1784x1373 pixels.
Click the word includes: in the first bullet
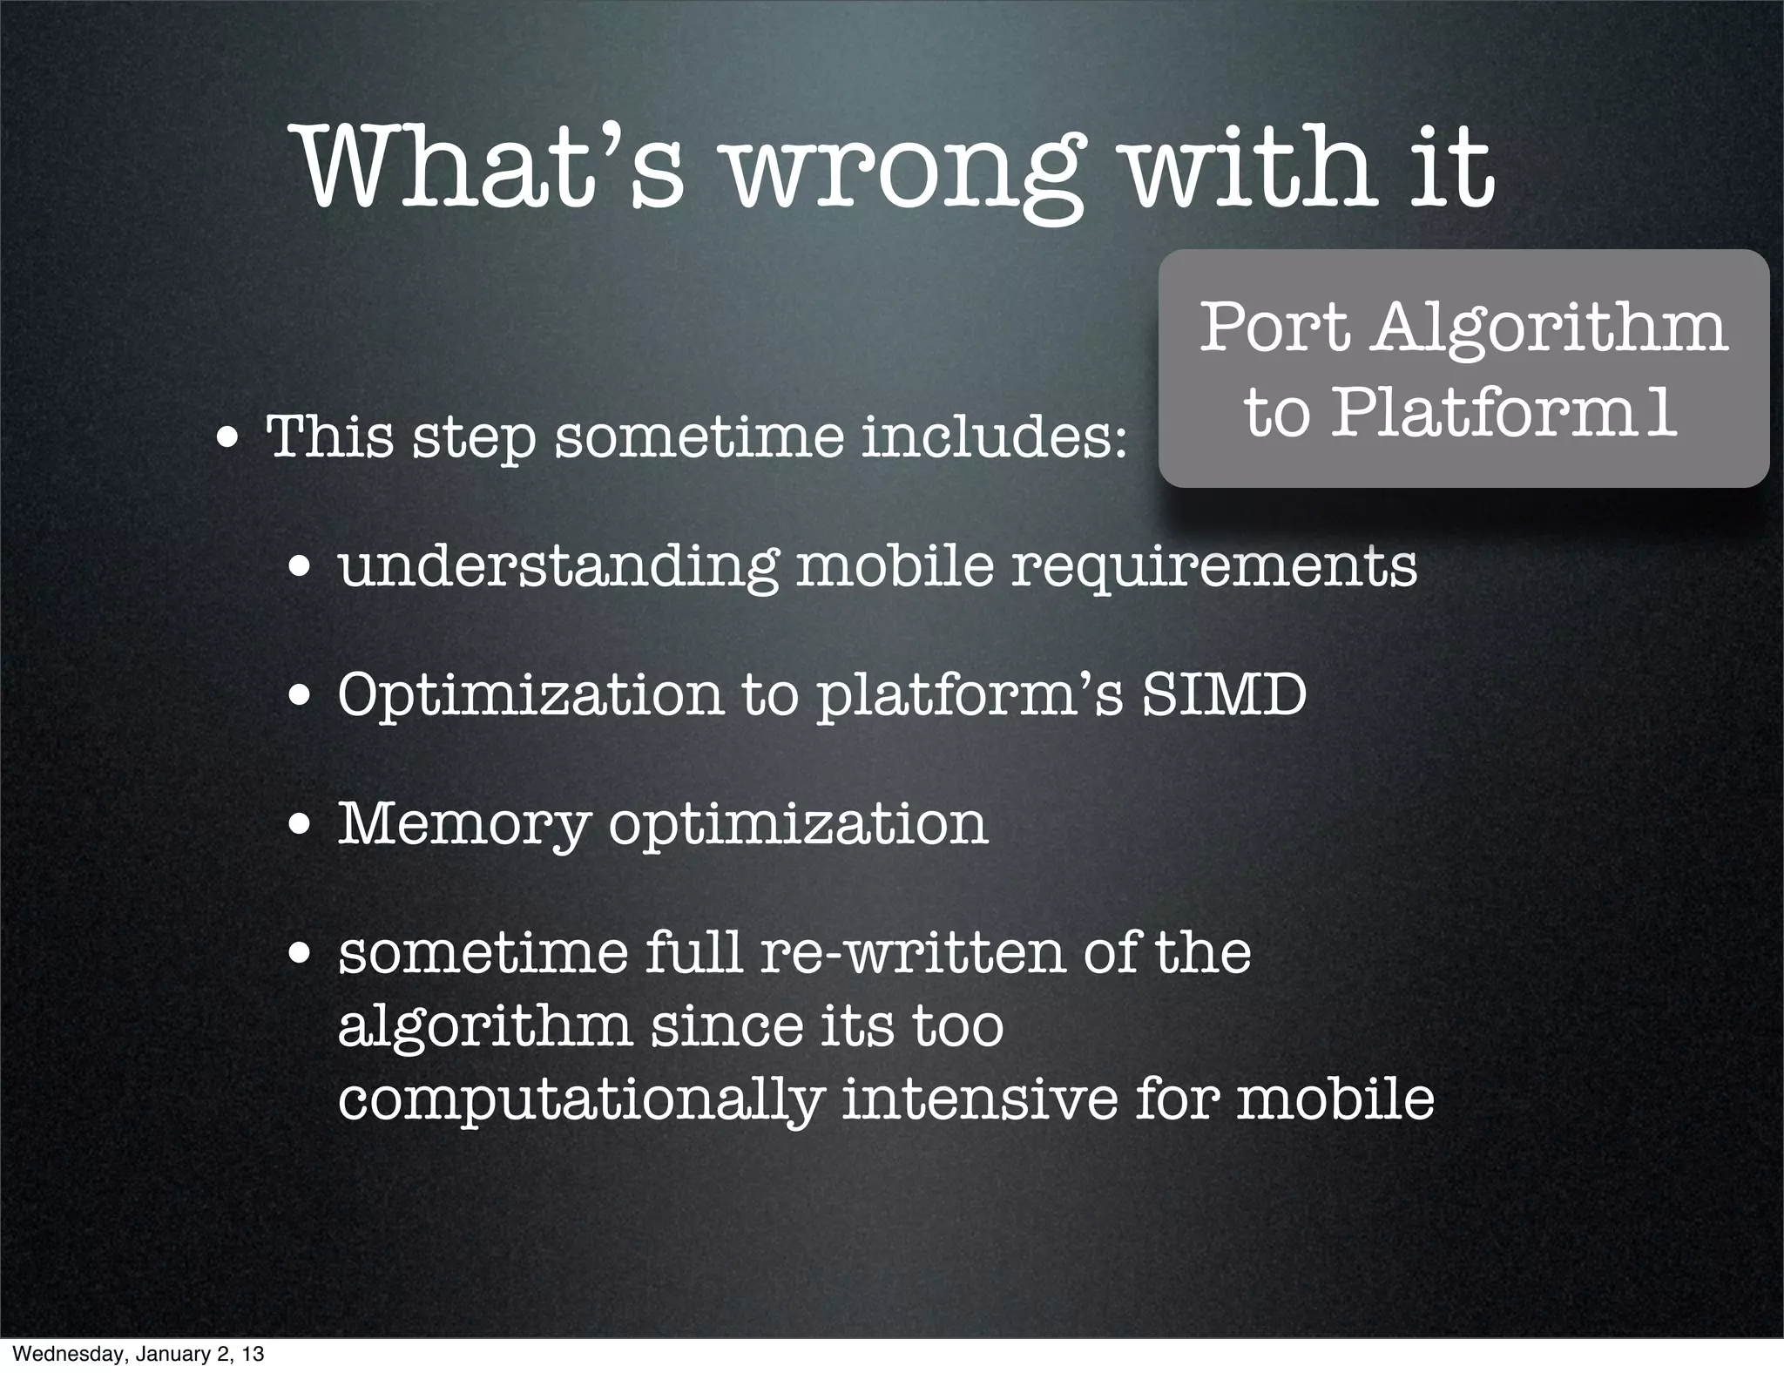994,437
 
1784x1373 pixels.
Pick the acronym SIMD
1224,695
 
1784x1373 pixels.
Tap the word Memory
463,824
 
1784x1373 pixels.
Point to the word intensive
979,1099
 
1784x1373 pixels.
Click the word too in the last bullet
957,1026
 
